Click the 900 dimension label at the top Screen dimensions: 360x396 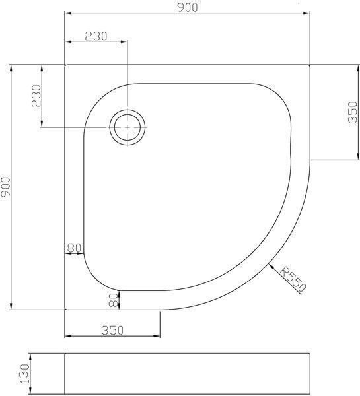click(188, 7)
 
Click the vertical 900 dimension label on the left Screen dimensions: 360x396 click(5, 187)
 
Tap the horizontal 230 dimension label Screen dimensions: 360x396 click(96, 36)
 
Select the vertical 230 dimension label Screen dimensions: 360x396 click(36, 96)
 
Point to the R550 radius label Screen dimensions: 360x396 click(293, 279)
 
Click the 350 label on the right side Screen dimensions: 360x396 click(353, 112)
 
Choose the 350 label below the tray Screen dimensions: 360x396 click(112, 331)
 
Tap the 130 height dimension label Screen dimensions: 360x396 click(25, 374)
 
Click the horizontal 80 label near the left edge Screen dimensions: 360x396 click(74, 248)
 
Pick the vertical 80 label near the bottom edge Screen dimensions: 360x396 click(114, 300)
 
